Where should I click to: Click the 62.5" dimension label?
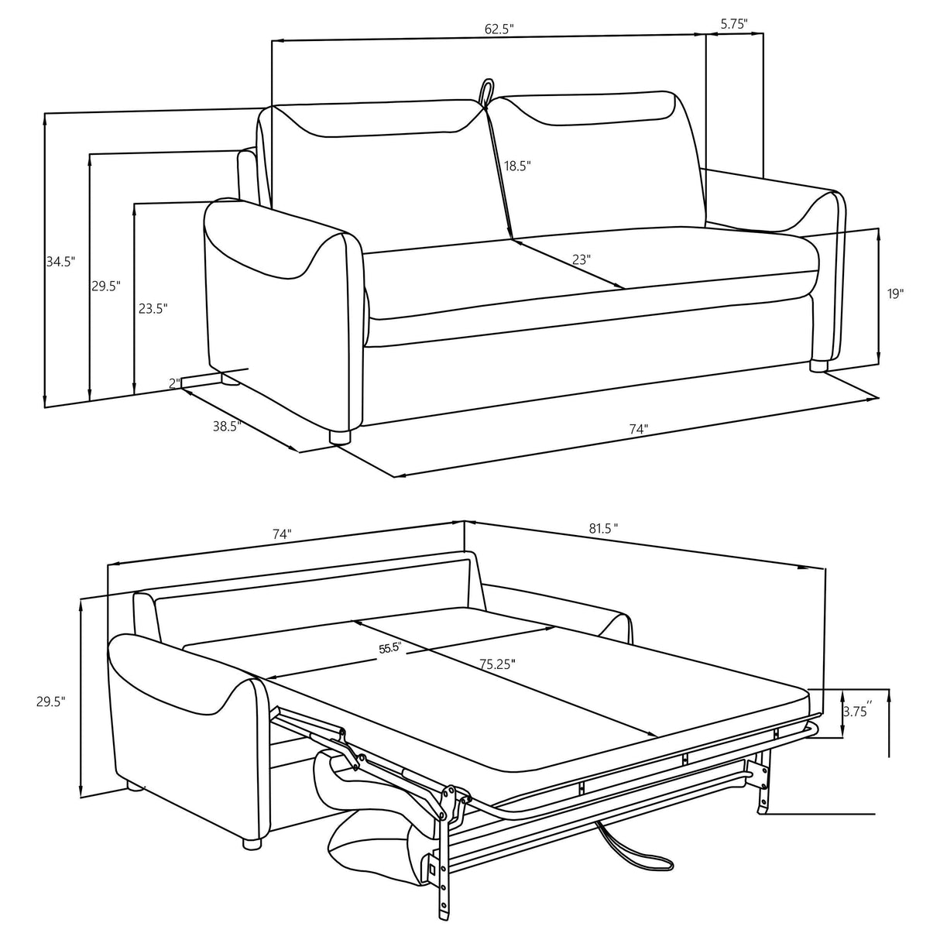pyautogui.click(x=499, y=29)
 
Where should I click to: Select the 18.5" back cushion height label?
pyautogui.click(x=516, y=166)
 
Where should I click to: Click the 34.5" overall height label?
pyautogui.click(x=60, y=262)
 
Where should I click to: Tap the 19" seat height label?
pyautogui.click(x=895, y=293)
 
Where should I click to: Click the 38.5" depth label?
pyautogui.click(x=228, y=425)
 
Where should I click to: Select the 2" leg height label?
pyautogui.click(x=176, y=383)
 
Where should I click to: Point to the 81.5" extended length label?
pyautogui.click(x=603, y=529)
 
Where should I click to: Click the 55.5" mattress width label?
pyautogui.click(x=389, y=649)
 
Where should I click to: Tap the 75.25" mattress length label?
pyautogui.click(x=496, y=664)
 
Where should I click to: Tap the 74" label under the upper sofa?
pyautogui.click(x=638, y=428)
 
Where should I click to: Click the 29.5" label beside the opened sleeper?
pyautogui.click(x=50, y=702)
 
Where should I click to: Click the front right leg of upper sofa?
pyautogui.click(x=820, y=365)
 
